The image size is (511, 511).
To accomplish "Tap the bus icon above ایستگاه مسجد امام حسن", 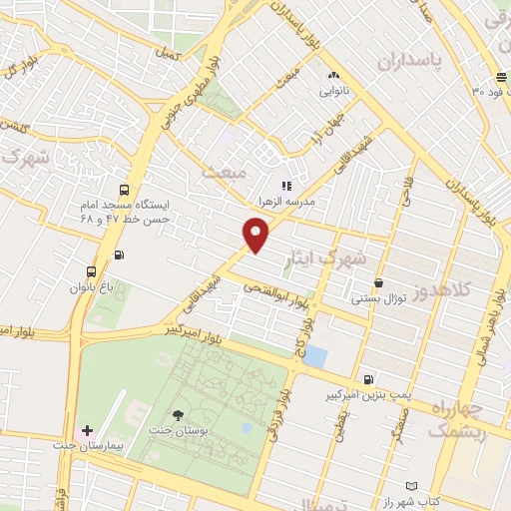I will point(124,191).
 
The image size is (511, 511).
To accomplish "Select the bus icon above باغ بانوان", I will point(92,270).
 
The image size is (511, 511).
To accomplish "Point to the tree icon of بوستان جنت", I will point(179,415).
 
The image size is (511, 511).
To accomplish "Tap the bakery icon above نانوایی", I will point(333,75).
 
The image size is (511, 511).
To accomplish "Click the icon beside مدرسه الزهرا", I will point(286,185).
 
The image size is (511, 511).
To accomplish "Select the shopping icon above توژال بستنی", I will point(377,283).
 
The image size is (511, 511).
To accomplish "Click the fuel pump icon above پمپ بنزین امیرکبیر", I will point(369,379).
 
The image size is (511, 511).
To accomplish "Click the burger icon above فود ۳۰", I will point(500,78).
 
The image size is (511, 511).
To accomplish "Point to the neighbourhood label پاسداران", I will point(414,62).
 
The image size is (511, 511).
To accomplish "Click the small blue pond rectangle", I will point(315,355).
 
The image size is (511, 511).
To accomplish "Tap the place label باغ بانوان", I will point(93,287).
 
